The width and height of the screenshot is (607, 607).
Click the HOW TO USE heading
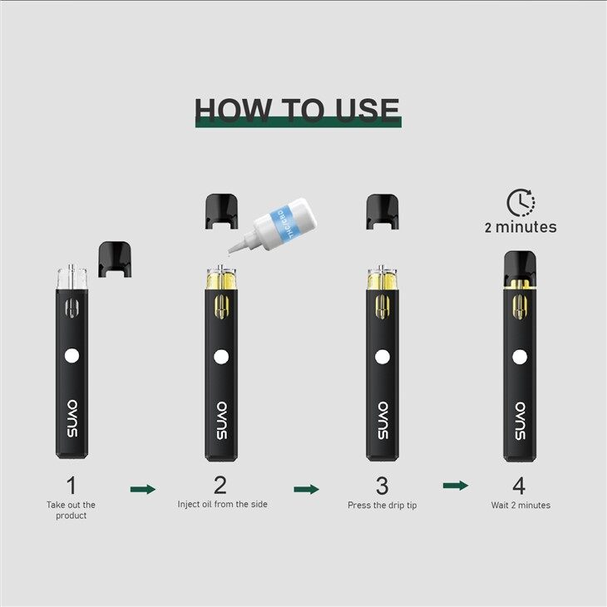[297, 110]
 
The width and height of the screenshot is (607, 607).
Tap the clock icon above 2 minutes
[521, 203]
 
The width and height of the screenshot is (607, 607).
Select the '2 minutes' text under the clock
[521, 227]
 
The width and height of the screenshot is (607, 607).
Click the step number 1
[71, 486]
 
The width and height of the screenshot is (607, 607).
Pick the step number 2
[220, 486]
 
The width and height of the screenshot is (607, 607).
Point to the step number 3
[382, 486]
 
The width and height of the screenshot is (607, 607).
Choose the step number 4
[520, 486]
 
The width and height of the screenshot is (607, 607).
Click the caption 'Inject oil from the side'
[222, 504]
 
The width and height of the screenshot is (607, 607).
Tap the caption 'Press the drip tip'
[382, 505]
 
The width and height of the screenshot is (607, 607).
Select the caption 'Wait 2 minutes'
[521, 505]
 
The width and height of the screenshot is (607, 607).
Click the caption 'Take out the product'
[71, 510]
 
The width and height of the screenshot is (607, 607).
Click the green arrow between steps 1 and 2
[143, 489]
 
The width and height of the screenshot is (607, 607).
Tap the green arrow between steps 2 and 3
[306, 489]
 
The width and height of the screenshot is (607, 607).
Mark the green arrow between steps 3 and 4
[455, 485]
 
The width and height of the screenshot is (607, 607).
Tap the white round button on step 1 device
[72, 356]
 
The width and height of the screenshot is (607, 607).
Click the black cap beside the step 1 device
[116, 258]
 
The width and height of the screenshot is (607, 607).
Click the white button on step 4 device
[520, 358]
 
